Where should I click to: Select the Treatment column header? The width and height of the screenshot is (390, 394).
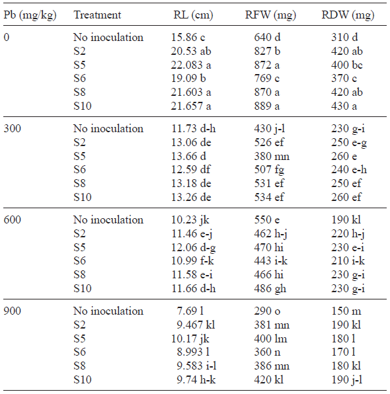point(97,15)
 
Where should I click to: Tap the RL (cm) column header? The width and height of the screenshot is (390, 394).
point(192,15)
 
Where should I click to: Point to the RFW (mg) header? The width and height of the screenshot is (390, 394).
point(274,15)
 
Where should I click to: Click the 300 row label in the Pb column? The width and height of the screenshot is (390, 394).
point(13,128)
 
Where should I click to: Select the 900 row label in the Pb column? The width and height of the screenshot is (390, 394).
point(13,311)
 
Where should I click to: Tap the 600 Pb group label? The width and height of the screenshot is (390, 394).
point(13,219)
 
